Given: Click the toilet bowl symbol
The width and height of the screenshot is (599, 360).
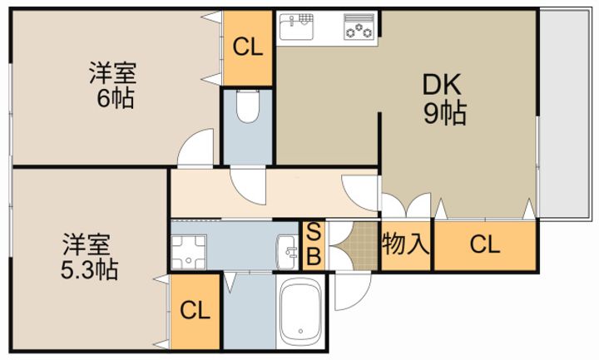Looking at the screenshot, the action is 248,106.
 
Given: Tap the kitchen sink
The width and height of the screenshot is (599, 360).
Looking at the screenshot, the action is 296,27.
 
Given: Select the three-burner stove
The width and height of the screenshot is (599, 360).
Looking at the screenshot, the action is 359,27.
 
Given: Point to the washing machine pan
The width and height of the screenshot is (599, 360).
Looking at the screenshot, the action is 188,252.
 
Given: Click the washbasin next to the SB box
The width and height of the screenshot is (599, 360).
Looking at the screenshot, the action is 287,252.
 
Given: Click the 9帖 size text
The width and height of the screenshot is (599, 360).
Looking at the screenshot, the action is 445,113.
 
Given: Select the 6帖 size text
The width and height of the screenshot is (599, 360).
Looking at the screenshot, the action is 116,98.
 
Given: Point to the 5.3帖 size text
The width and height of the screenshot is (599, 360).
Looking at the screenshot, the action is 89,270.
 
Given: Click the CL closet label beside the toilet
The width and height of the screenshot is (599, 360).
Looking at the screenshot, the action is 248,47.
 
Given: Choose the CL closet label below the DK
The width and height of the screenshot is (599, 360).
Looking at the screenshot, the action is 485,244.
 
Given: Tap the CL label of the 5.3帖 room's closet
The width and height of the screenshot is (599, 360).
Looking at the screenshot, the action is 195,310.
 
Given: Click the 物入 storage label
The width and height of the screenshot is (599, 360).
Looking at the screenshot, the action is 406,244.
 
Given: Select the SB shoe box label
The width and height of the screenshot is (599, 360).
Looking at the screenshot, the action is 314,244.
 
